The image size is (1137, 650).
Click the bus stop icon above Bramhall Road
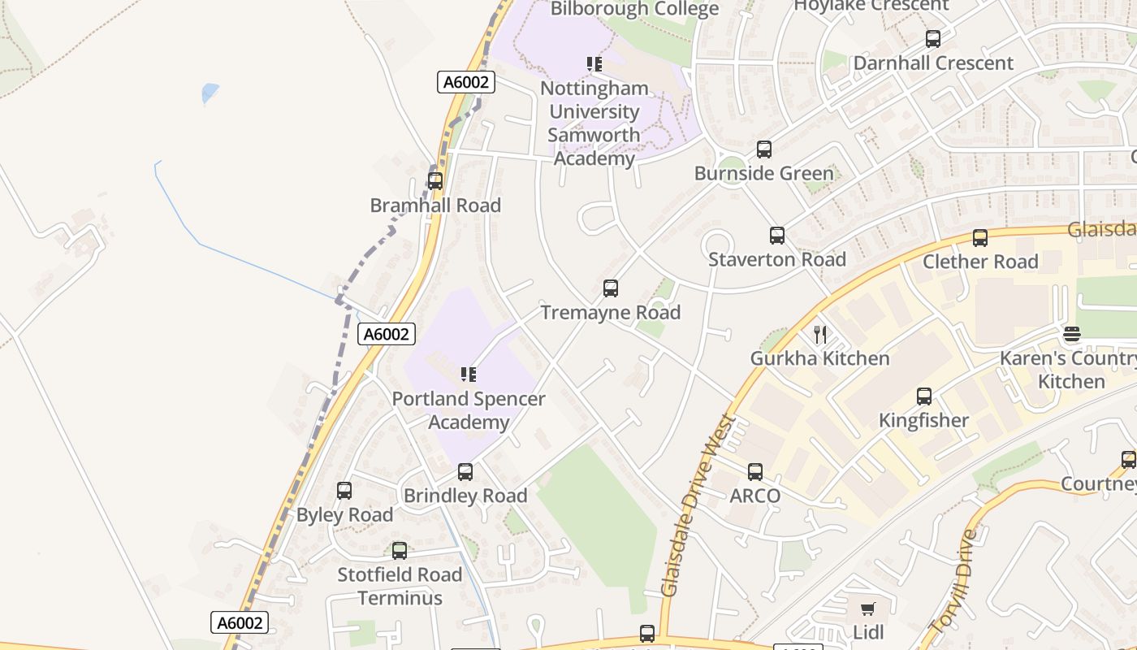(x=435, y=181)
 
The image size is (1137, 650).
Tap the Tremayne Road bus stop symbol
(x=611, y=288)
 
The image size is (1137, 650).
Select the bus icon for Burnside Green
(x=763, y=149)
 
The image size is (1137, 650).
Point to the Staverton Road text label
(x=776, y=260)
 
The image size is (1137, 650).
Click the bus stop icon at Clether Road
(x=980, y=238)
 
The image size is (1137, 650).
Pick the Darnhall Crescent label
(x=932, y=63)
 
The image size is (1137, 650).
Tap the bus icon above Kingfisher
(x=924, y=396)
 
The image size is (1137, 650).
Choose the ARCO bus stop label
(x=754, y=496)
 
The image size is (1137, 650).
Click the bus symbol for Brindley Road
(x=465, y=472)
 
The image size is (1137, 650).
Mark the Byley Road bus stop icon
(x=344, y=491)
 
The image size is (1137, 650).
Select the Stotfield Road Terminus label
(x=400, y=586)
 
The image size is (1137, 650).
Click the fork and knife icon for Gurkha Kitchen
(x=820, y=334)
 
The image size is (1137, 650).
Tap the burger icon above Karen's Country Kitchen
(x=1072, y=334)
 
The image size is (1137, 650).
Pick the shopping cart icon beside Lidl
(x=868, y=609)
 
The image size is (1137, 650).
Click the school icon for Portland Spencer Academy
(x=469, y=375)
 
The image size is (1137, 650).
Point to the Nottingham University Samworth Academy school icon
(x=594, y=64)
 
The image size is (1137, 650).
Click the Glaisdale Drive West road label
(x=698, y=505)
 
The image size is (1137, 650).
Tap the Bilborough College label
(x=634, y=9)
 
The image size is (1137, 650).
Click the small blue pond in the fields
(x=210, y=93)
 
